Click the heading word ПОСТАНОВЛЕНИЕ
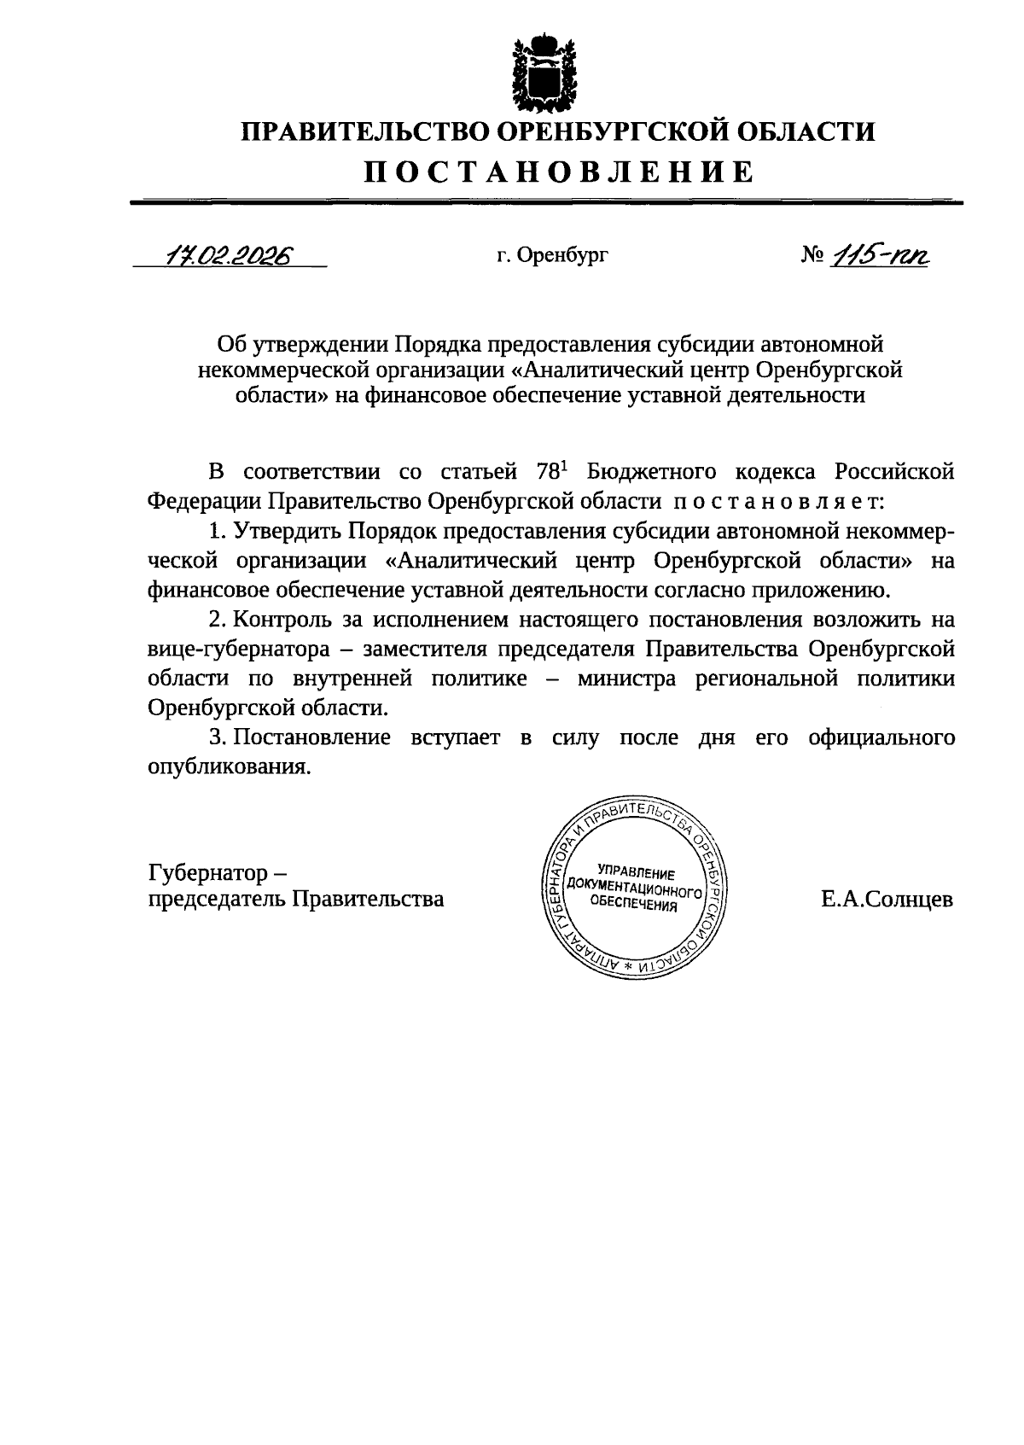pos(560,172)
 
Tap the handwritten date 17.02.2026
pos(228,254)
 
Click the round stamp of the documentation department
pos(633,889)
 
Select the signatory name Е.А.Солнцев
pos(887,899)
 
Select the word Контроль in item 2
pos(282,620)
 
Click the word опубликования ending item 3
pos(227,766)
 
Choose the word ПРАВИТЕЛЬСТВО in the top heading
pos(362,132)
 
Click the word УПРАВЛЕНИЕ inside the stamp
pos(636,871)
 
